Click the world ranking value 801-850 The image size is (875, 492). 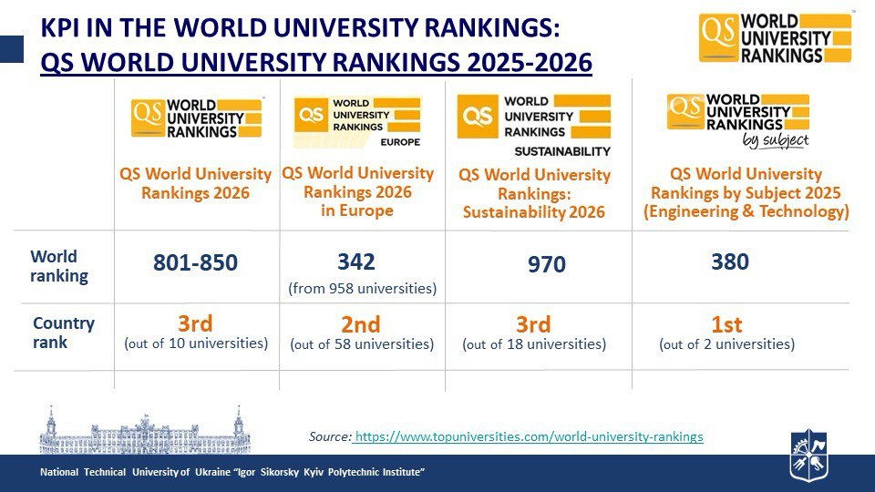point(195,263)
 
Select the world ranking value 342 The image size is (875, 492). point(356,262)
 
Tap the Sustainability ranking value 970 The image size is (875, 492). point(546,265)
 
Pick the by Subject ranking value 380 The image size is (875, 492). point(729,262)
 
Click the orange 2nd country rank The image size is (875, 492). point(361,324)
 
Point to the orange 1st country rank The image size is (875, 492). point(726,324)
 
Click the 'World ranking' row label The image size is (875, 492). point(59,266)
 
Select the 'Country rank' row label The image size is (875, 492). point(64,333)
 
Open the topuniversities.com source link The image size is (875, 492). point(529,436)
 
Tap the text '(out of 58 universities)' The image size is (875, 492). point(362,344)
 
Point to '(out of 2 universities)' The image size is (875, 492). point(726,344)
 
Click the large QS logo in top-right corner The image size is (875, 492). point(775,37)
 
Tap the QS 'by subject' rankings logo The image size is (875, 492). point(738,118)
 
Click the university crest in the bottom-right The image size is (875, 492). point(808,456)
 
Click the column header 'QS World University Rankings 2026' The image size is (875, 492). point(195,182)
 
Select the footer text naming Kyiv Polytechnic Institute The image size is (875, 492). point(233,472)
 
